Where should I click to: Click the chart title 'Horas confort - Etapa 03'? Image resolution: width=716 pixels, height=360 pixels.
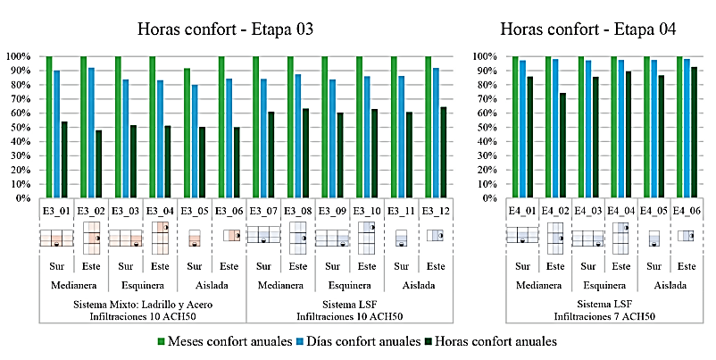pos(225,29)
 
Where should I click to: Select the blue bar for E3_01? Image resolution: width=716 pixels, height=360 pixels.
pos(57,134)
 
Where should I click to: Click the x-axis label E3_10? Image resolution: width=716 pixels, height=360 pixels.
pos(367,210)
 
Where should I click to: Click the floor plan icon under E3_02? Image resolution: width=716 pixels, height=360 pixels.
pos(91,238)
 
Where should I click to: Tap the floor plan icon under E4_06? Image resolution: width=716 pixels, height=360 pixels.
pos(686,236)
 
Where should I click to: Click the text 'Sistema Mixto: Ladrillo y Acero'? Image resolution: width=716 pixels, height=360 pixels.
pos(142,305)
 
